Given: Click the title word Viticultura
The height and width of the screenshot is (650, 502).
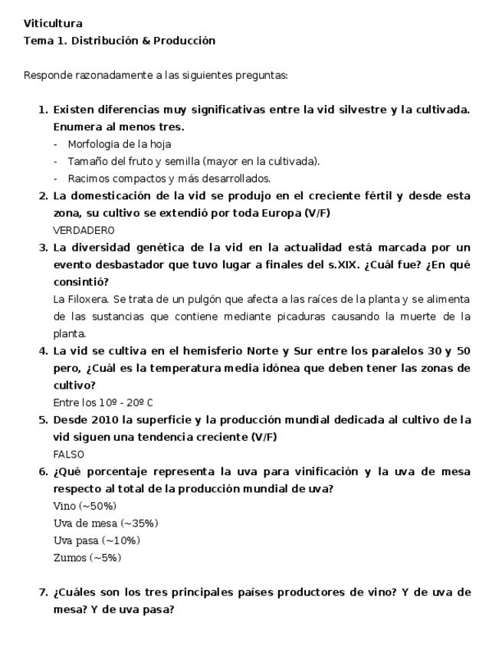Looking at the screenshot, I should tap(53, 24).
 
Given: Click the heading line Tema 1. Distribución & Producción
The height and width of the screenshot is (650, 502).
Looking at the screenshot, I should tap(119, 41).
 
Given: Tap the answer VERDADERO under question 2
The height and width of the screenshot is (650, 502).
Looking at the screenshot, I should tap(84, 230).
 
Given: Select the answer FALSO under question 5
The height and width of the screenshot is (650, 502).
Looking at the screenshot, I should tap(69, 455).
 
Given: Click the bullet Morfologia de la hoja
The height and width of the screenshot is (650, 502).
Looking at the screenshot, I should tap(119, 144).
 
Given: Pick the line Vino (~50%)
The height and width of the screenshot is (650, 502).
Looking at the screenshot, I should tap(85, 506).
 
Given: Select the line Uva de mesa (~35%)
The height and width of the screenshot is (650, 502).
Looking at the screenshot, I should tap(106, 524).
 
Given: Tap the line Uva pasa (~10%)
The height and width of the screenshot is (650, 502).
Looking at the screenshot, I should tap(97, 540).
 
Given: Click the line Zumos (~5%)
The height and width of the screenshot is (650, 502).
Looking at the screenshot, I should tap(87, 558).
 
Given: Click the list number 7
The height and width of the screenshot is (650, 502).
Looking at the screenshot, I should tap(43, 593).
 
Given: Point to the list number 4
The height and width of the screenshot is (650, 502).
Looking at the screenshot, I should tap(43, 351).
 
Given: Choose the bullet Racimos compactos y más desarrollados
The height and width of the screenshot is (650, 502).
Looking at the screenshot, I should tap(169, 179).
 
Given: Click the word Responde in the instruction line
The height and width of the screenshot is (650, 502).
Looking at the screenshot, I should tap(47, 75).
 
